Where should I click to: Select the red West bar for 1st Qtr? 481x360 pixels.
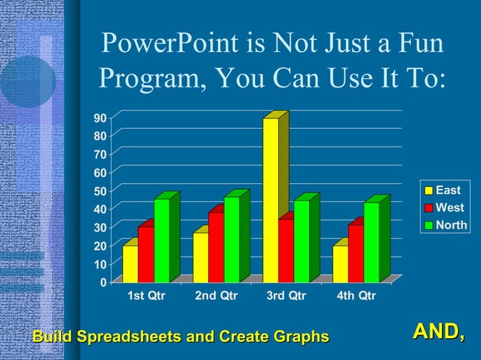pyautogui.click(x=146, y=254)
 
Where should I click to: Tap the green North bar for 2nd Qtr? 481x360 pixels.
pyautogui.click(x=231, y=239)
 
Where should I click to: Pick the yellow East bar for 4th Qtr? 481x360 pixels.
pyautogui.click(x=340, y=264)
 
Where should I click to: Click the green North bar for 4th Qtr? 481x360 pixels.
pyautogui.click(x=372, y=242)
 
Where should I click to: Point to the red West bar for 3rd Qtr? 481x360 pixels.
pyautogui.click(x=286, y=250)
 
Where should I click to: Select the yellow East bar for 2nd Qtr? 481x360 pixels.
pyautogui.click(x=201, y=257)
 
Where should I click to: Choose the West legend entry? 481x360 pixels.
pyautogui.click(x=447, y=207)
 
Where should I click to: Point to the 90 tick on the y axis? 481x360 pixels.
pyautogui.click(x=100, y=118)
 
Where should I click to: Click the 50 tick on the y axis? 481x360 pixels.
pyautogui.click(x=100, y=191)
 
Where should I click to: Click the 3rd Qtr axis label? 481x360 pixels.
pyautogui.click(x=286, y=296)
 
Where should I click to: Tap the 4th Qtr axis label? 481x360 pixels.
pyautogui.click(x=356, y=296)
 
